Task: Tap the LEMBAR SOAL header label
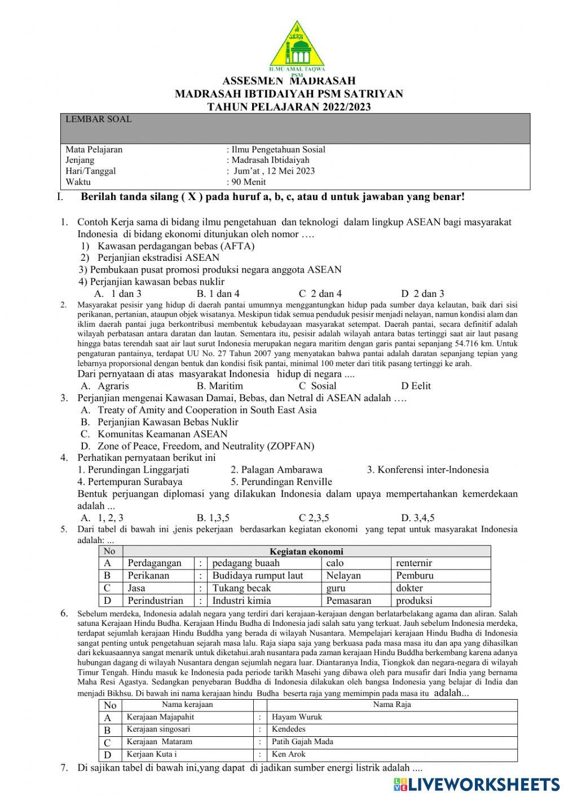click(x=99, y=119)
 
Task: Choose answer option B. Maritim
click(x=220, y=386)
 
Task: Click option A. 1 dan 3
click(x=118, y=294)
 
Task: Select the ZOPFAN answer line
click(x=197, y=446)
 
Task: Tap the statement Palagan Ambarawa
click(x=276, y=470)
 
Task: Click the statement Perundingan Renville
click(x=281, y=482)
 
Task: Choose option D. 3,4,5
click(x=418, y=518)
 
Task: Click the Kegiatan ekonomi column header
click(x=306, y=552)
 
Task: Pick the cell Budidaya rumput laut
click(x=258, y=576)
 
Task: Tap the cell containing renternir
click(x=414, y=563)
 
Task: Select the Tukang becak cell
click(x=241, y=588)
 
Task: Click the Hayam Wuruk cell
click(x=297, y=717)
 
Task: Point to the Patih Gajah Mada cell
click(x=302, y=742)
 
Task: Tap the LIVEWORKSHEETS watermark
click(x=477, y=784)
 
